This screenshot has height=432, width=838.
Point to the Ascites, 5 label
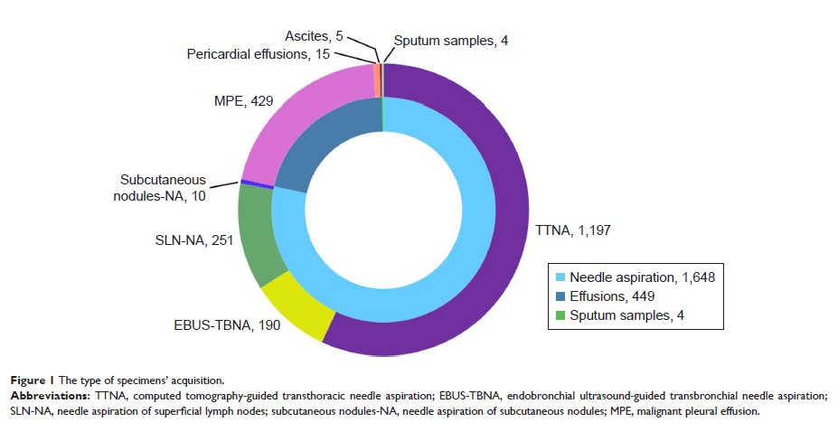312,37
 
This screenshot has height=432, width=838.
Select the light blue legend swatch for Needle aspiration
561,277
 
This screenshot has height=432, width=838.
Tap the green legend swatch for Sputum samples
561,316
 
